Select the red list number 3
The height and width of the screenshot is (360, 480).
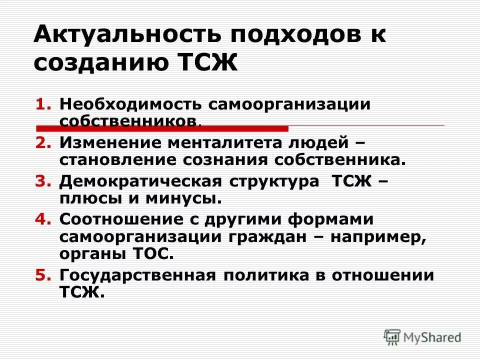(43, 182)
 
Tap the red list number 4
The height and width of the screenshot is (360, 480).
(43, 220)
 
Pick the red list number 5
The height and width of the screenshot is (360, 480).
(43, 275)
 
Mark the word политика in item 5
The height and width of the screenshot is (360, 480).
(259, 275)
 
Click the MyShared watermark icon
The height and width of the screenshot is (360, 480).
(392, 336)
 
